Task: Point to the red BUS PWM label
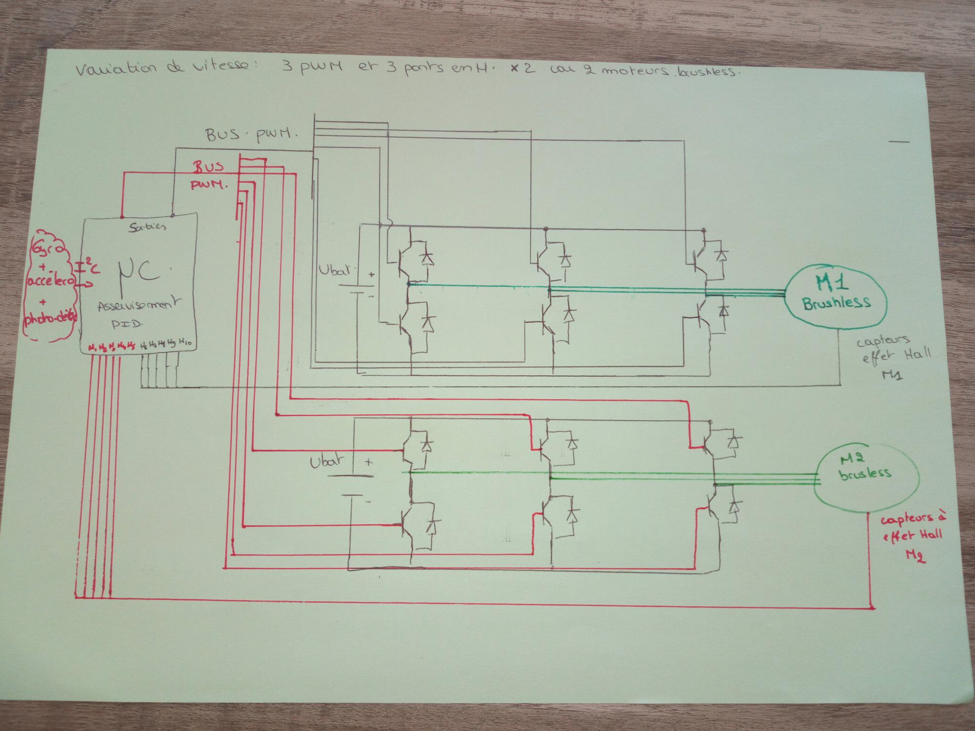click(x=209, y=175)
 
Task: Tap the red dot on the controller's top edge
click(x=122, y=216)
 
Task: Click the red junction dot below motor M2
click(x=872, y=608)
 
